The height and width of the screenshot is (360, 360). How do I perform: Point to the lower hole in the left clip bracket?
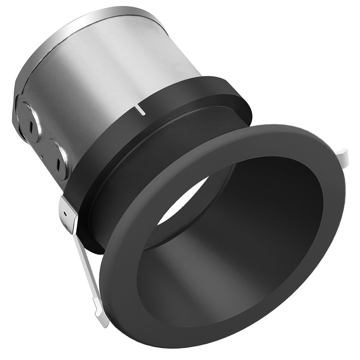(67, 226)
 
